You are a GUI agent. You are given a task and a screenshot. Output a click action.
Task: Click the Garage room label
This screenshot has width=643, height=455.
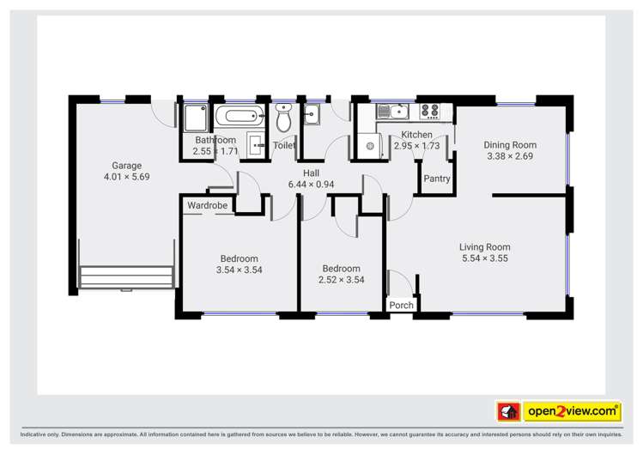126,166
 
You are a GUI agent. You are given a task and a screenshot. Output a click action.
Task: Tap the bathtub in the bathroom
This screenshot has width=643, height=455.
236,117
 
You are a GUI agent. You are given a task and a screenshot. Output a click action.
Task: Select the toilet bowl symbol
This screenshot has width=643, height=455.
284,121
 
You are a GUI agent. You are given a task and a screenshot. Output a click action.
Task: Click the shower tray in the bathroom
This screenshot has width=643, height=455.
194,118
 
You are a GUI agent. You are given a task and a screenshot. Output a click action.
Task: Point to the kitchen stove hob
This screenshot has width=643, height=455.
429,111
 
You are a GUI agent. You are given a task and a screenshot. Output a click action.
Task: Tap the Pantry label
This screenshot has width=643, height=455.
436,179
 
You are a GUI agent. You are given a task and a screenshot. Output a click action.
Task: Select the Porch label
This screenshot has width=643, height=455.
401,305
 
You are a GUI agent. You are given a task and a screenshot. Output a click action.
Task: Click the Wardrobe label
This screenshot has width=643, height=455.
207,206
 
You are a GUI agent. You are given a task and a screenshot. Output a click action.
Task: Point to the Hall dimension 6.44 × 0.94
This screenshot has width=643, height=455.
311,185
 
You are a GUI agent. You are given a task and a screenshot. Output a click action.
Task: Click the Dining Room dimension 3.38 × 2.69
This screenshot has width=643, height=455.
510,156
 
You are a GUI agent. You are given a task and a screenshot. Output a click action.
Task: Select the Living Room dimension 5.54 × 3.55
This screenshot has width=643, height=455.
485,258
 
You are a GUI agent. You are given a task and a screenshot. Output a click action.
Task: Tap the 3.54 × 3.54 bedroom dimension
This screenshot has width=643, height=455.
239,270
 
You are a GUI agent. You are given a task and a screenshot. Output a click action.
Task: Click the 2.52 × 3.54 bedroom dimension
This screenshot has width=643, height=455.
341,280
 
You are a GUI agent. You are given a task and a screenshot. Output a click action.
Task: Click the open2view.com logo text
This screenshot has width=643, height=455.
573,412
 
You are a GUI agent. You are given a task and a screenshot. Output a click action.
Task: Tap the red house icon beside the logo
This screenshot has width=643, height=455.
508,412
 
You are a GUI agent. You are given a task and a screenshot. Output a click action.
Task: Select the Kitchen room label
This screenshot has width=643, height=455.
416,135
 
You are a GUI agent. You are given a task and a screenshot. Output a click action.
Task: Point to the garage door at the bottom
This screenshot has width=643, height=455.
126,277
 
